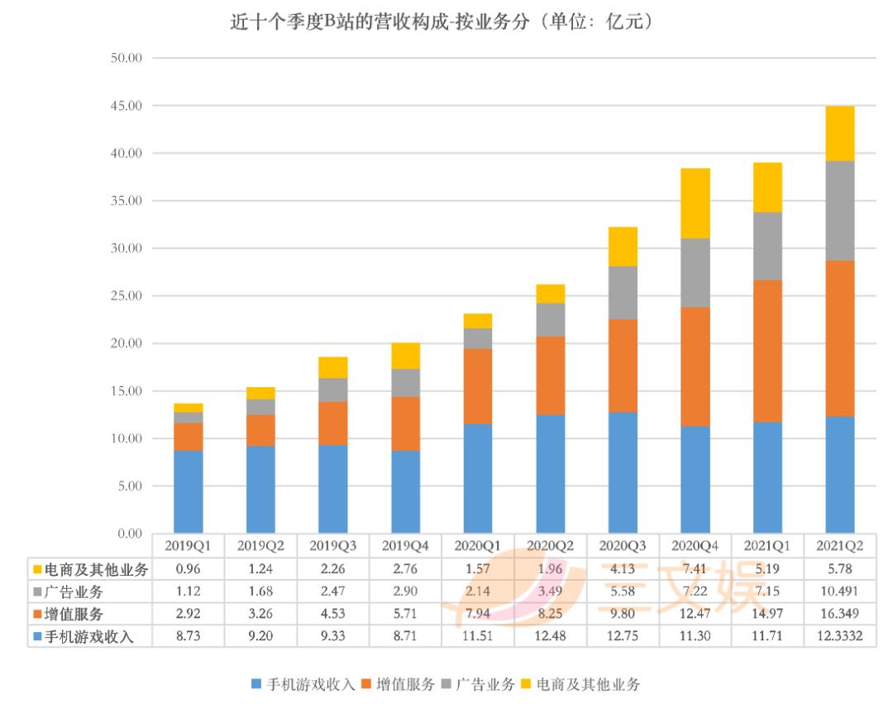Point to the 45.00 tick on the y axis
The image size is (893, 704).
tap(127, 106)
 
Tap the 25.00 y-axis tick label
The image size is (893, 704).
tap(127, 296)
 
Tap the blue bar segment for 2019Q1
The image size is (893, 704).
tap(188, 491)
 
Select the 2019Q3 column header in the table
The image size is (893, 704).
tap(333, 546)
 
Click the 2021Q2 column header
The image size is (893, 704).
tap(840, 546)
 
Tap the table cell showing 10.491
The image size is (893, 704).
tap(840, 591)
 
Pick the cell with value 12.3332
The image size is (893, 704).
tap(840, 636)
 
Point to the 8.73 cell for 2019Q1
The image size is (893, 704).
tap(188, 636)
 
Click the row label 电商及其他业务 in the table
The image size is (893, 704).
tap(91, 569)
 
